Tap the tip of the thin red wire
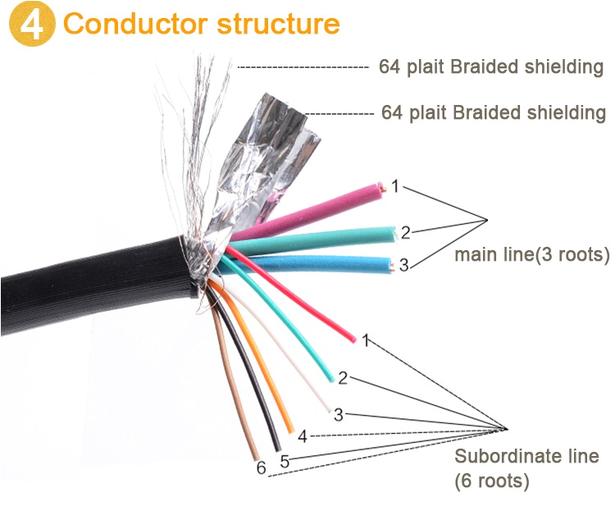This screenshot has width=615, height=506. [x=353, y=337]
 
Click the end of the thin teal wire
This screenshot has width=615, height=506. [x=330, y=378]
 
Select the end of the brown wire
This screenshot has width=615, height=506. [x=257, y=457]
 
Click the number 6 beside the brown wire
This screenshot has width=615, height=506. [x=261, y=469]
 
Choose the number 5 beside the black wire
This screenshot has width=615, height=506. [x=285, y=461]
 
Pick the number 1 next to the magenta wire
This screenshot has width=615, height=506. [x=394, y=187]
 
